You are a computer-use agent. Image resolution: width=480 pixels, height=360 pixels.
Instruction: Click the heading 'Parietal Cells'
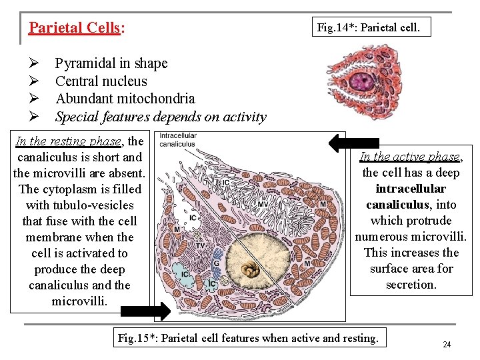click(x=74, y=28)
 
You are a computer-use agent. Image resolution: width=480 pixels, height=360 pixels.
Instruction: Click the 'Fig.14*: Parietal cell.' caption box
click(x=369, y=27)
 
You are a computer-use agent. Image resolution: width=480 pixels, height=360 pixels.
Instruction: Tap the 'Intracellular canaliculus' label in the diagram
click(x=177, y=141)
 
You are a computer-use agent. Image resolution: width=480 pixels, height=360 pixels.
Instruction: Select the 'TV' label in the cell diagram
click(x=199, y=244)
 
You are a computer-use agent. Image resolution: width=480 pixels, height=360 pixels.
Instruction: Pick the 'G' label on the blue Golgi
click(x=216, y=263)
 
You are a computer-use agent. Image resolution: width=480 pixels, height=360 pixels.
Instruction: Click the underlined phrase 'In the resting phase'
click(x=69, y=141)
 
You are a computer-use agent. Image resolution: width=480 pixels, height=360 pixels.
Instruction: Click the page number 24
click(x=447, y=345)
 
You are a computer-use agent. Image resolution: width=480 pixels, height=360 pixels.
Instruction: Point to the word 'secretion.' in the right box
click(x=411, y=285)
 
